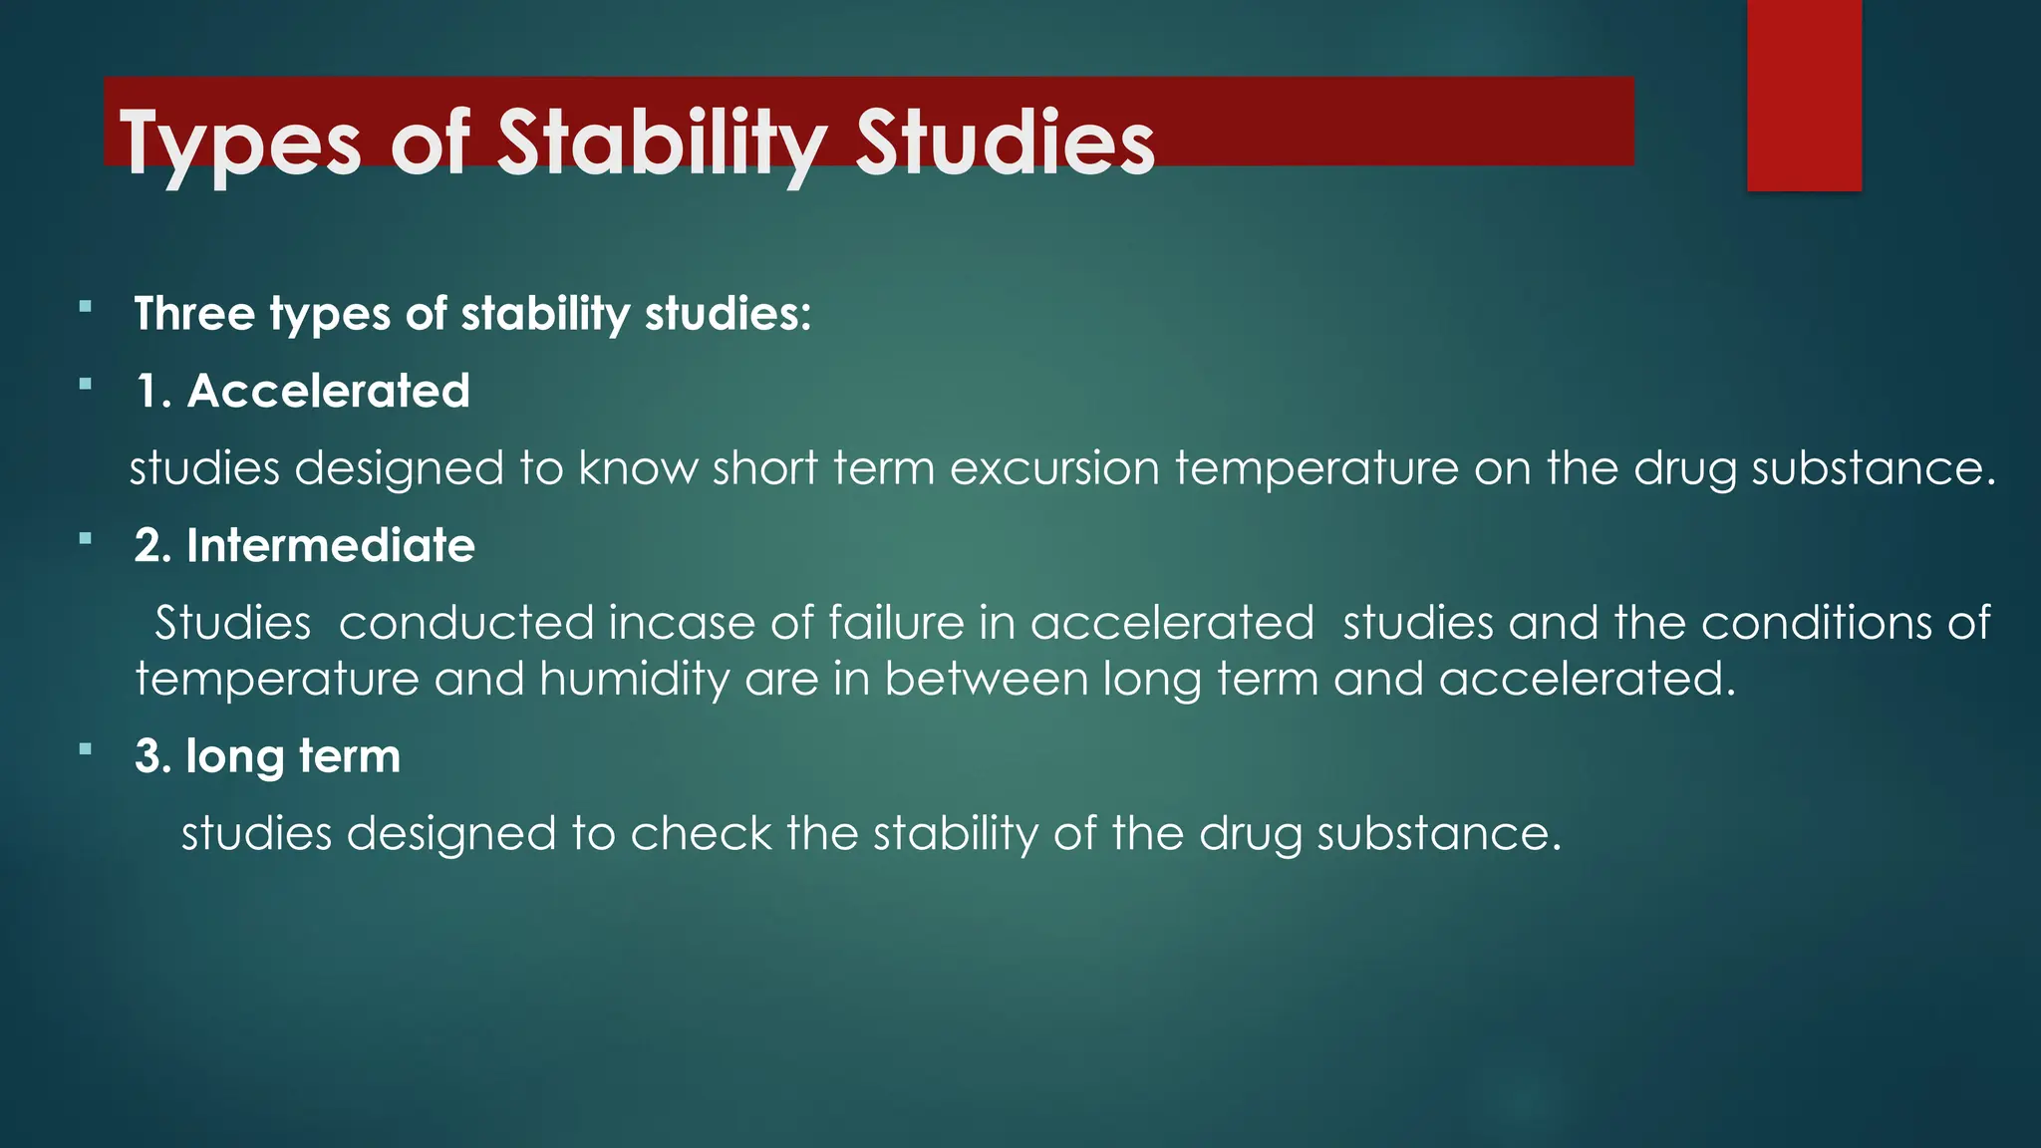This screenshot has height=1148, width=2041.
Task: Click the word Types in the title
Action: coord(239,144)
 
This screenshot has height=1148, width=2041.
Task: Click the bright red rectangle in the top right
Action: coord(1804,95)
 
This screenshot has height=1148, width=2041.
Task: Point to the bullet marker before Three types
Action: coord(86,307)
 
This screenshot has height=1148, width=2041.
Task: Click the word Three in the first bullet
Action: coord(194,314)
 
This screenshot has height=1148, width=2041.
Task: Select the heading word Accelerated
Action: coord(328,391)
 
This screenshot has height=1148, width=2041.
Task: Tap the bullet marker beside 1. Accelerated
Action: coord(86,384)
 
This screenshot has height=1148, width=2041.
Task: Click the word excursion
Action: coord(1054,468)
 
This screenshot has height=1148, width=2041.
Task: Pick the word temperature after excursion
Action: coord(1316,468)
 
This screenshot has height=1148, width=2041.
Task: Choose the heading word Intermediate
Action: coord(330,545)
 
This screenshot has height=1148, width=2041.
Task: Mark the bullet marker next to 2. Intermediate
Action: coord(86,538)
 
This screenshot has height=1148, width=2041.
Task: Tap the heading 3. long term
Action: coord(267,756)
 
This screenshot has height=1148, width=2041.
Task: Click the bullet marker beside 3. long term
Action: coord(86,748)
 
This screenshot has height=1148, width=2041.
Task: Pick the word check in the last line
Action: coord(701,833)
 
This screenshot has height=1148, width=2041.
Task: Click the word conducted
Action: coord(465,623)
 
